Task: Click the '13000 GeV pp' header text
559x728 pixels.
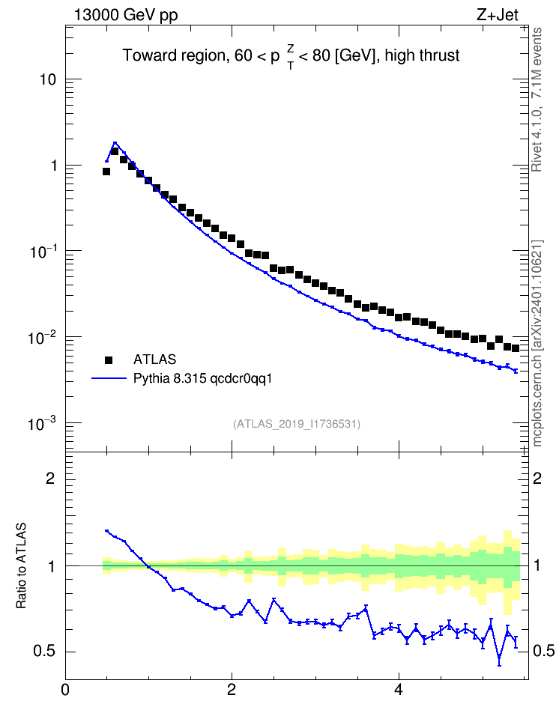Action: click(x=126, y=16)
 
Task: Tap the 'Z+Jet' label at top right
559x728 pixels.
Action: click(x=498, y=15)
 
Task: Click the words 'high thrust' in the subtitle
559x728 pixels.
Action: click(x=422, y=55)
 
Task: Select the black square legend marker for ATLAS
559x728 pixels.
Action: click(x=108, y=360)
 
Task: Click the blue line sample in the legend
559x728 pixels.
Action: click(x=109, y=378)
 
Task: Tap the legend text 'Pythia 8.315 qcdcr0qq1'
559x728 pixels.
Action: click(x=202, y=379)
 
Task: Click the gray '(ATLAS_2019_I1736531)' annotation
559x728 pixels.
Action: click(x=297, y=424)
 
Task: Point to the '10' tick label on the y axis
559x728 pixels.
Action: click(x=47, y=80)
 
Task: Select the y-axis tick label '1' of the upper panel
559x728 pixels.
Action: click(x=53, y=166)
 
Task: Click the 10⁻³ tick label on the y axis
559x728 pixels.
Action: click(x=42, y=423)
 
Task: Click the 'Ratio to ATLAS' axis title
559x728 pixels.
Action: click(x=21, y=565)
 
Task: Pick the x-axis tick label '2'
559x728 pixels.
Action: click(x=232, y=690)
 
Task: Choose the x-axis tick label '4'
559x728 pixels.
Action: click(x=398, y=690)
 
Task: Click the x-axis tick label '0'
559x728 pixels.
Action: click(x=65, y=690)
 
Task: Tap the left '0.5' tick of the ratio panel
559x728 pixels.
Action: click(x=45, y=652)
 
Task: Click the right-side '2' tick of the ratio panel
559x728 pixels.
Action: click(x=537, y=478)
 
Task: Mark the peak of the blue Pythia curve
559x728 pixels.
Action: click(x=115, y=143)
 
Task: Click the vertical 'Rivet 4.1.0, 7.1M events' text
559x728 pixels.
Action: click(x=537, y=100)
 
